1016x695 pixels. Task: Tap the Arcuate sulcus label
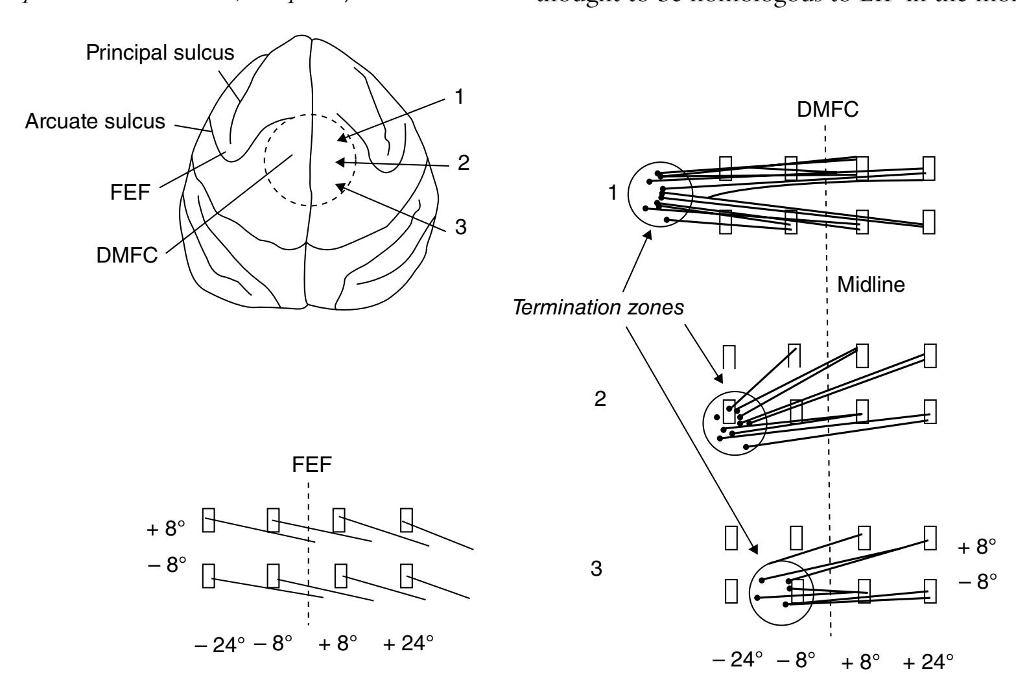pyautogui.click(x=95, y=122)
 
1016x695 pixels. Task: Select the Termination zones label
pyautogui.click(x=598, y=309)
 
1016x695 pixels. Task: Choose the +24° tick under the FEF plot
pyautogui.click(x=407, y=644)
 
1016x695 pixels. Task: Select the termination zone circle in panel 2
pyautogui.click(x=735, y=423)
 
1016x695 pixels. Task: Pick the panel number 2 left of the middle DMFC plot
pyautogui.click(x=600, y=399)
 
